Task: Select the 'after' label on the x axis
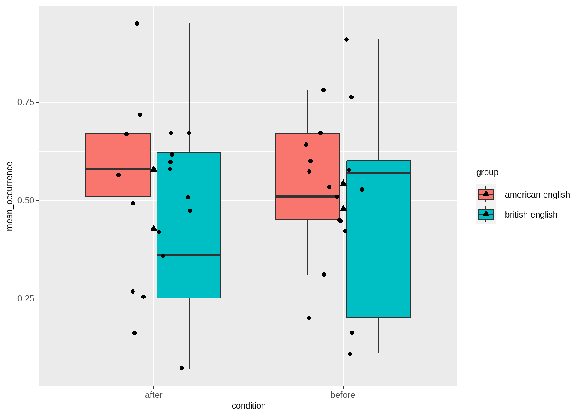(x=154, y=395)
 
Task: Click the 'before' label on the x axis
(x=343, y=395)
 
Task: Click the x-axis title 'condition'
(x=249, y=406)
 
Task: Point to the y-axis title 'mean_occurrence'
(x=10, y=196)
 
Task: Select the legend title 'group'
(x=487, y=172)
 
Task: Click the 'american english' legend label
(x=537, y=195)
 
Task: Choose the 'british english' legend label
(x=531, y=215)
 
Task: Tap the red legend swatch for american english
(x=486, y=194)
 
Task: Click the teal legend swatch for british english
(x=486, y=214)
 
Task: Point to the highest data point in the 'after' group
(x=137, y=23)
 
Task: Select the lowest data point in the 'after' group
(x=182, y=368)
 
